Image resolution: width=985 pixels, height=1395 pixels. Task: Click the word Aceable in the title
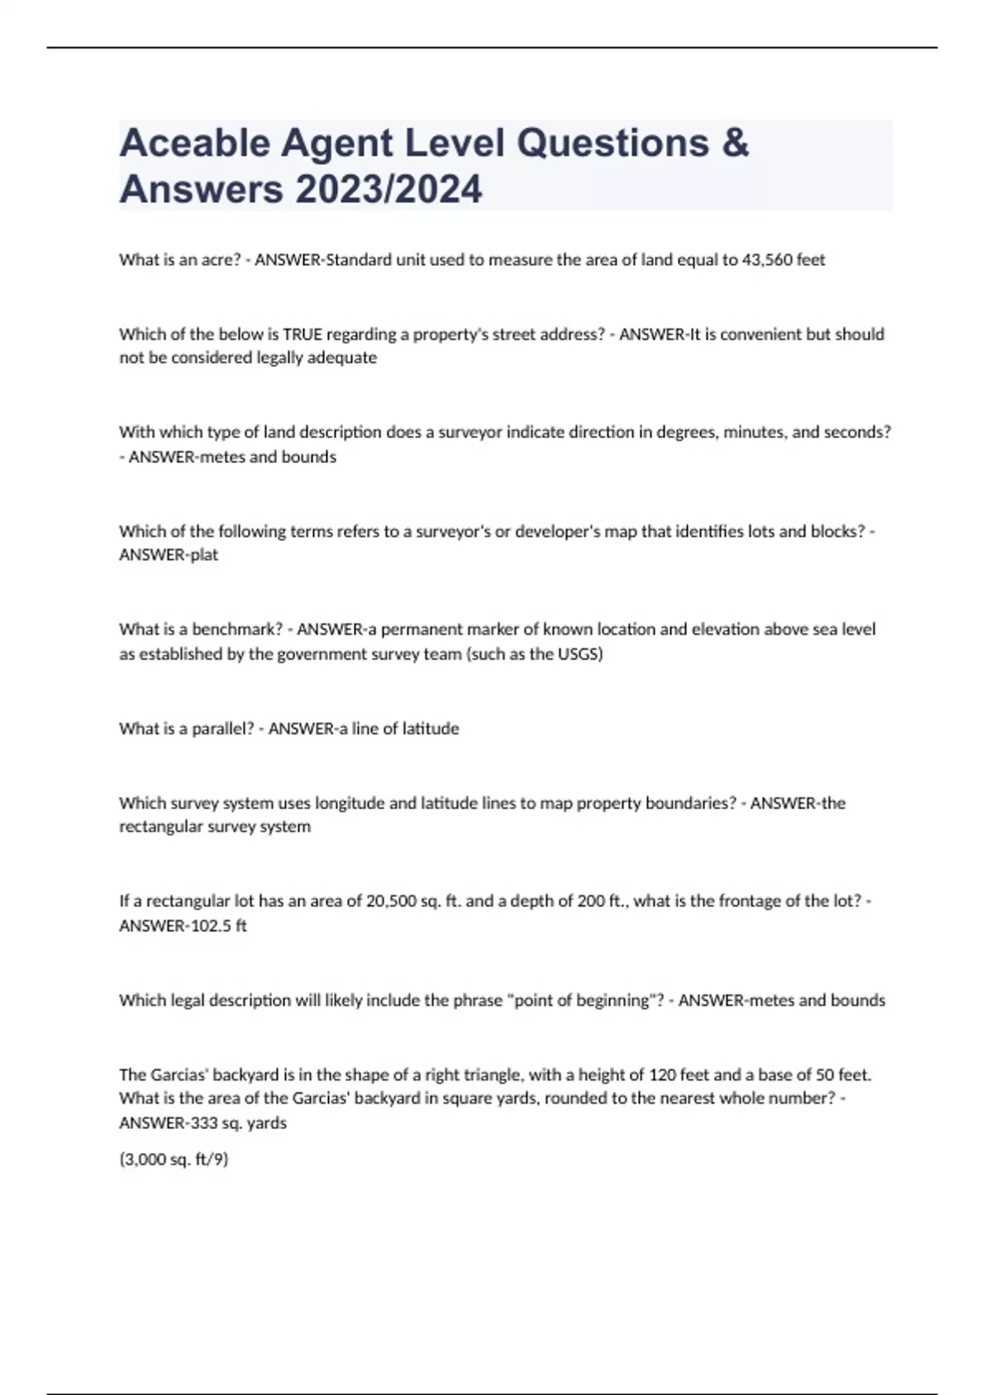pyautogui.click(x=194, y=144)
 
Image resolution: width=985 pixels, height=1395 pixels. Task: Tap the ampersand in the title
pyautogui.click(x=735, y=144)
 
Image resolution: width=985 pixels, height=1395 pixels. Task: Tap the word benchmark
pyautogui.click(x=236, y=629)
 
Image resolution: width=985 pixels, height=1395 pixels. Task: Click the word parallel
pyautogui.click(x=222, y=729)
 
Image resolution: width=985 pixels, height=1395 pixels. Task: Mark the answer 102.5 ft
pyautogui.click(x=218, y=926)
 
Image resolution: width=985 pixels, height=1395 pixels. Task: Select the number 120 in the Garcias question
pyautogui.click(x=662, y=1074)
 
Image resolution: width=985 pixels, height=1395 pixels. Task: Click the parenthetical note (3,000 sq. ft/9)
pyautogui.click(x=173, y=1159)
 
